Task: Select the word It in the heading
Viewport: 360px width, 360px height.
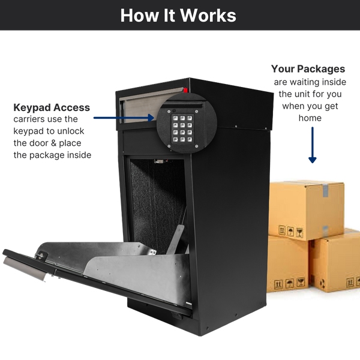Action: click(168, 15)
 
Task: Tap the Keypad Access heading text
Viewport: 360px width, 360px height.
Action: click(52, 107)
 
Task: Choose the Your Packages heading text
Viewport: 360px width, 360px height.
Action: click(308, 68)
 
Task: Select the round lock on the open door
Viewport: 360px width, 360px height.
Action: click(40, 255)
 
